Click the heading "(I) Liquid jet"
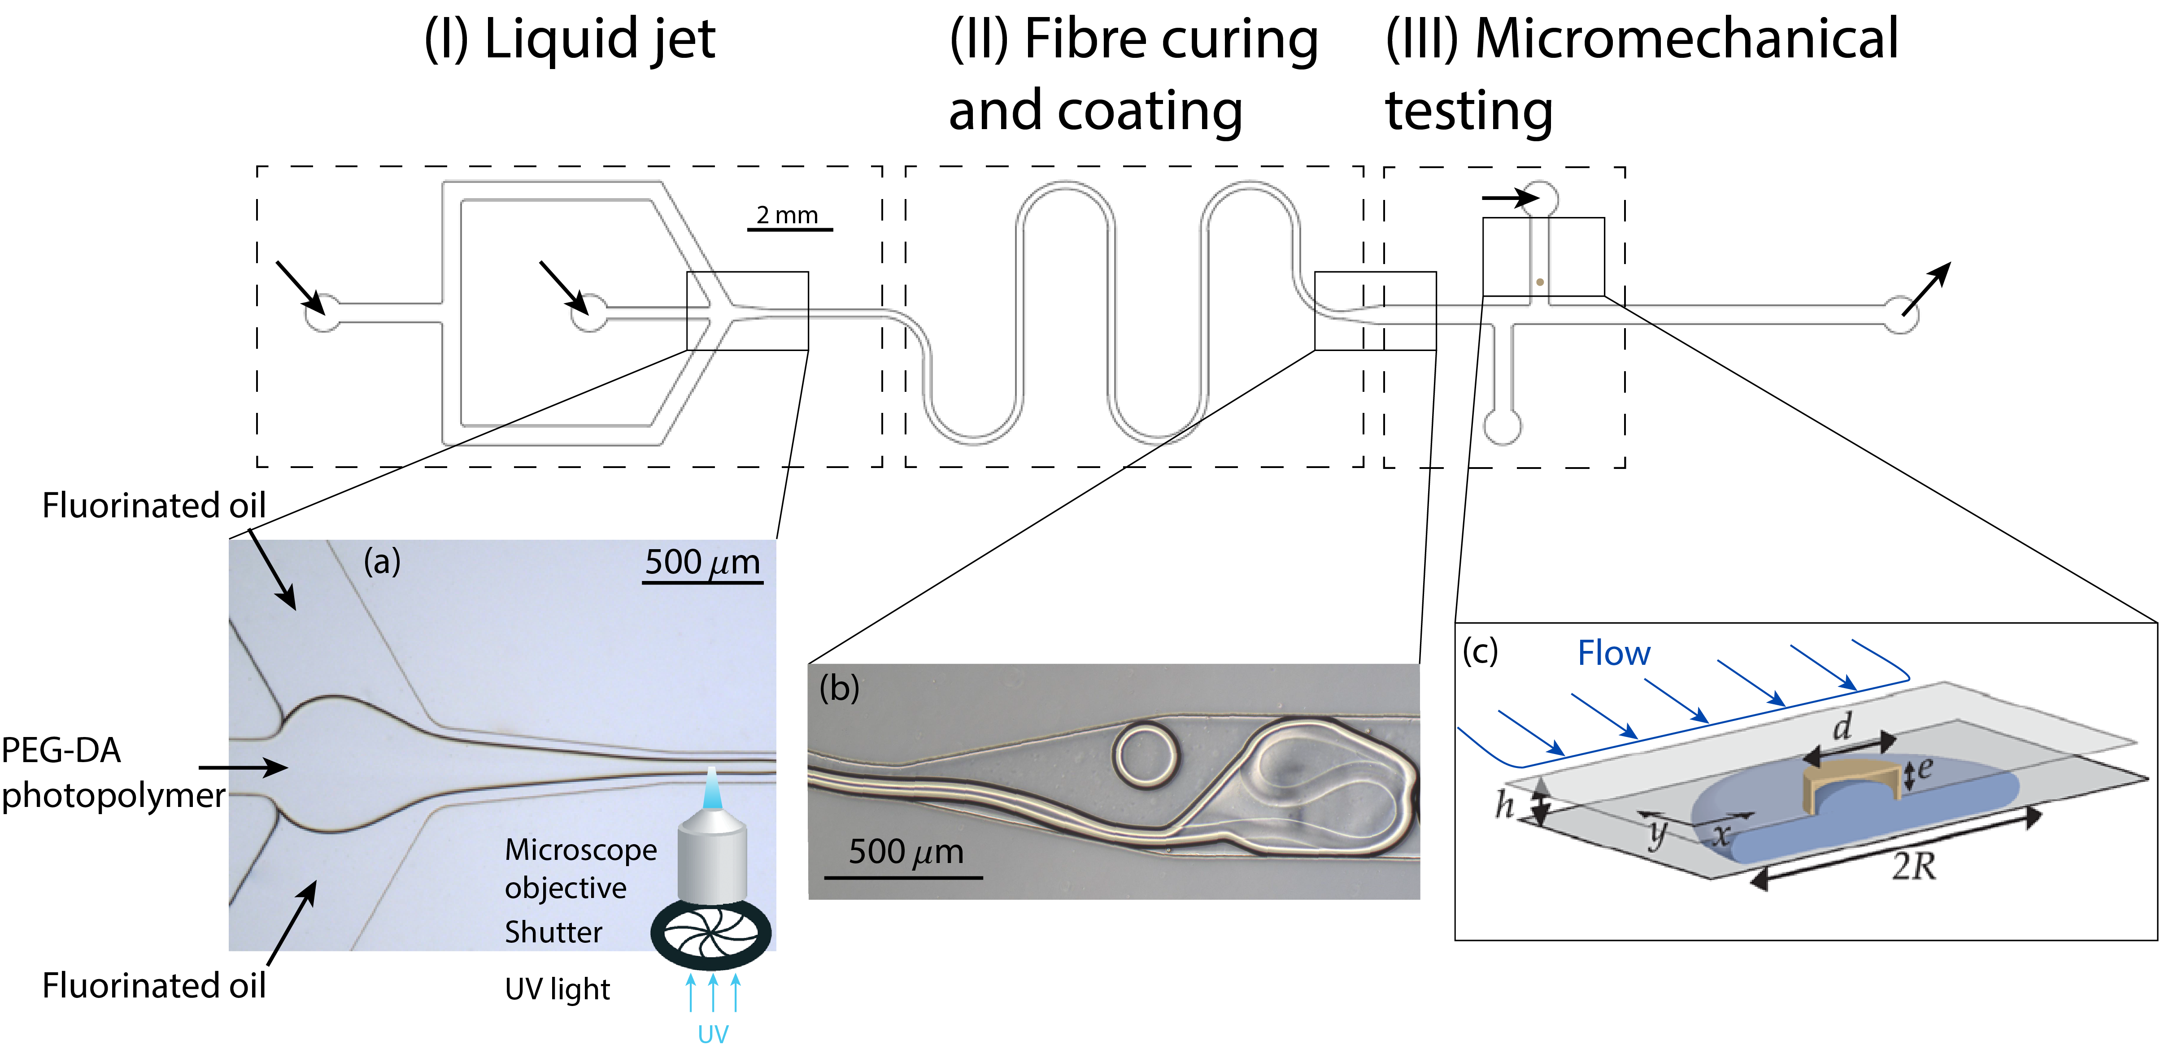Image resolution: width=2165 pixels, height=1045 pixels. pyautogui.click(x=570, y=39)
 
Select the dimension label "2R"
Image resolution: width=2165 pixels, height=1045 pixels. pyautogui.click(x=1914, y=866)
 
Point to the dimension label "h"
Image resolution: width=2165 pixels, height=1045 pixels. pyautogui.click(x=1503, y=805)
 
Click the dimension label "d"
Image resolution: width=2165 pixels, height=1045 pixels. pyautogui.click(x=1842, y=726)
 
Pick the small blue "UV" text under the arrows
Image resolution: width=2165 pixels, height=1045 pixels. pyautogui.click(x=713, y=1033)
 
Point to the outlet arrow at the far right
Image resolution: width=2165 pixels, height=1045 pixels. pyautogui.click(x=1926, y=288)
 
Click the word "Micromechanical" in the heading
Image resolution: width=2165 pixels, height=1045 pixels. pyautogui.click(x=1686, y=39)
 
